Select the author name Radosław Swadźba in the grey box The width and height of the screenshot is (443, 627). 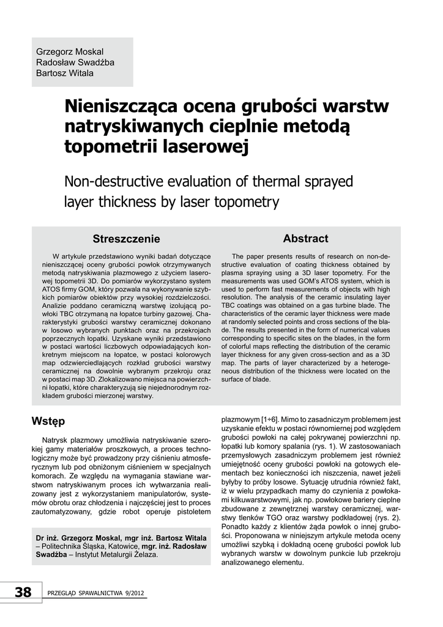coord(75,62)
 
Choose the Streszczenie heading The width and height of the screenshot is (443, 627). coord(126,238)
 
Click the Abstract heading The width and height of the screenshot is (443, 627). coord(305,238)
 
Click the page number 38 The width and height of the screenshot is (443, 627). coord(23,592)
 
